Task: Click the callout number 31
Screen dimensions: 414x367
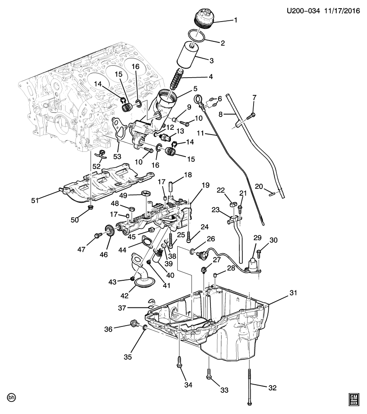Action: (293, 293)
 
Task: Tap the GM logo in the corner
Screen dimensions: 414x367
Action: (354, 400)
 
